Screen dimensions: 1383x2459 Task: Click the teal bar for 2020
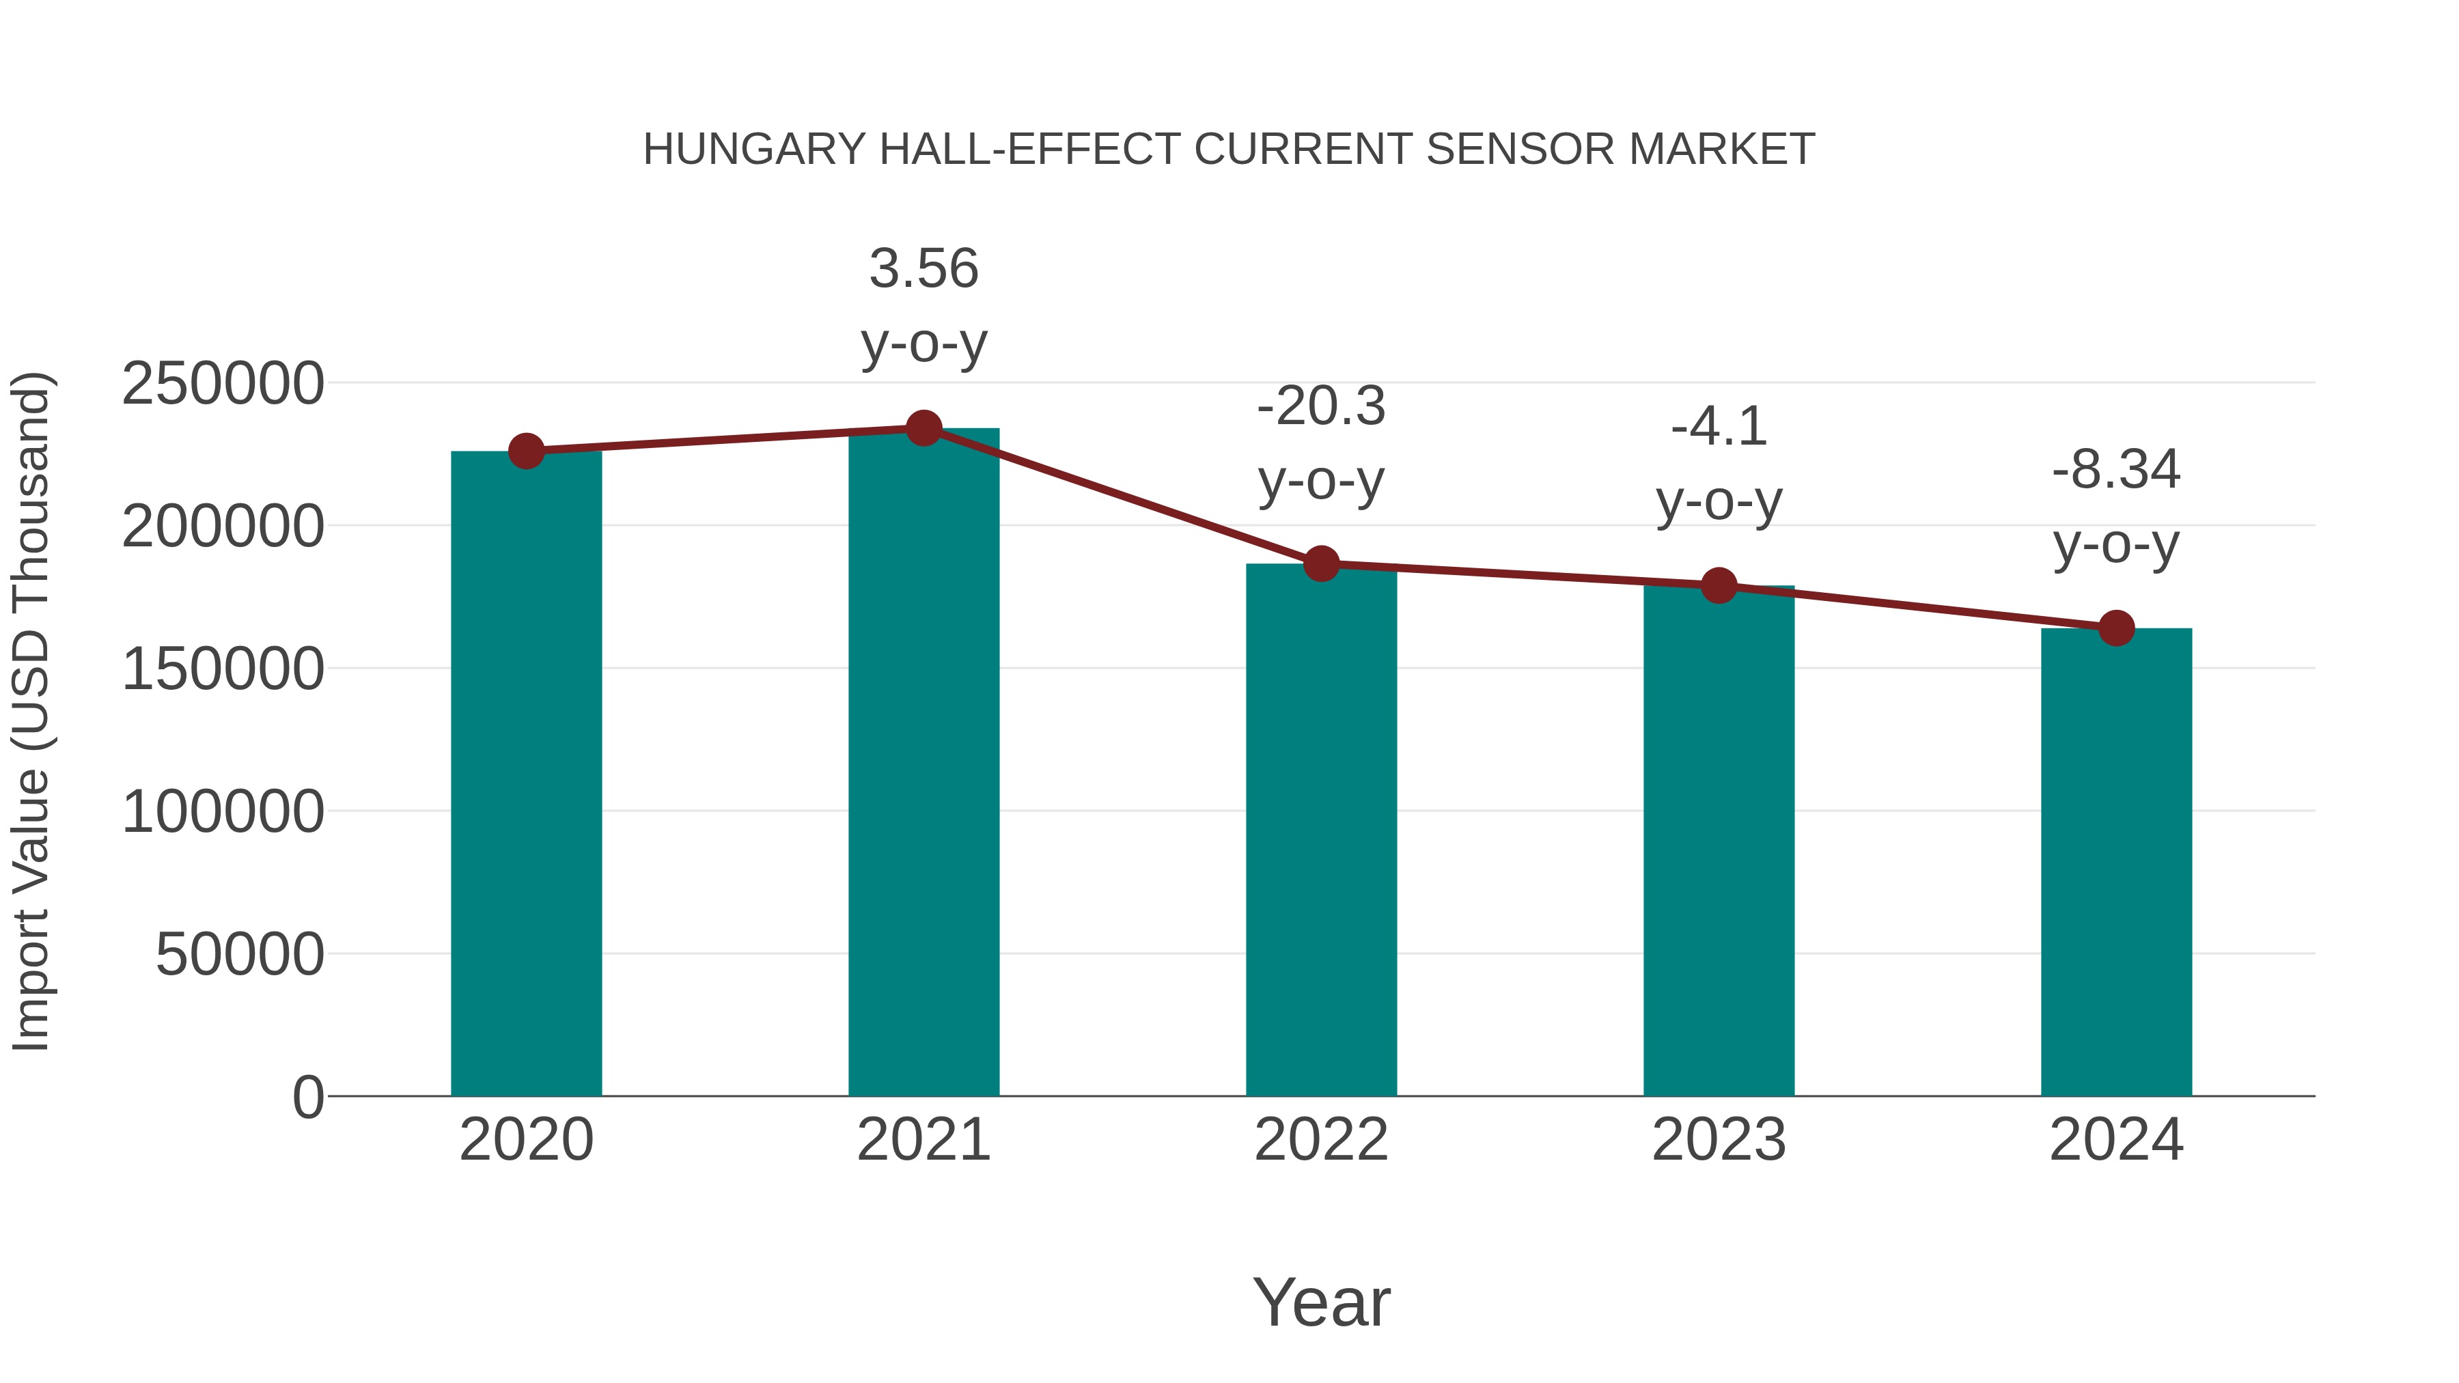(x=526, y=773)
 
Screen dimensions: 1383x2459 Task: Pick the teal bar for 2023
(x=1719, y=840)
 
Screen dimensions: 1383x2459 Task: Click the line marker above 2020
(x=526, y=451)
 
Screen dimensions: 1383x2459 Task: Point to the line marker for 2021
(x=923, y=428)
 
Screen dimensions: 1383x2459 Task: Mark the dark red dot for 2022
(x=1321, y=564)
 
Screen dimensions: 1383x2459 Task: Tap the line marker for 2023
(x=1719, y=586)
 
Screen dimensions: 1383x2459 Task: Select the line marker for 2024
(x=2116, y=628)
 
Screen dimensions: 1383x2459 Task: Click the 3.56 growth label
(x=923, y=269)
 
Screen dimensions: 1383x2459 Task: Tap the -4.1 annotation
(x=1719, y=428)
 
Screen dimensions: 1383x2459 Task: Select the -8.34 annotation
(x=2116, y=471)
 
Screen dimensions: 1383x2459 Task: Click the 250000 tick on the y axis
(x=223, y=384)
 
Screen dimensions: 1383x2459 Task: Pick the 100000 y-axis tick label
(x=223, y=812)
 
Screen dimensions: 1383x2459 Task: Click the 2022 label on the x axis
(x=1321, y=1140)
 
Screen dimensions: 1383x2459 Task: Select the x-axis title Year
(x=1321, y=1302)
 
